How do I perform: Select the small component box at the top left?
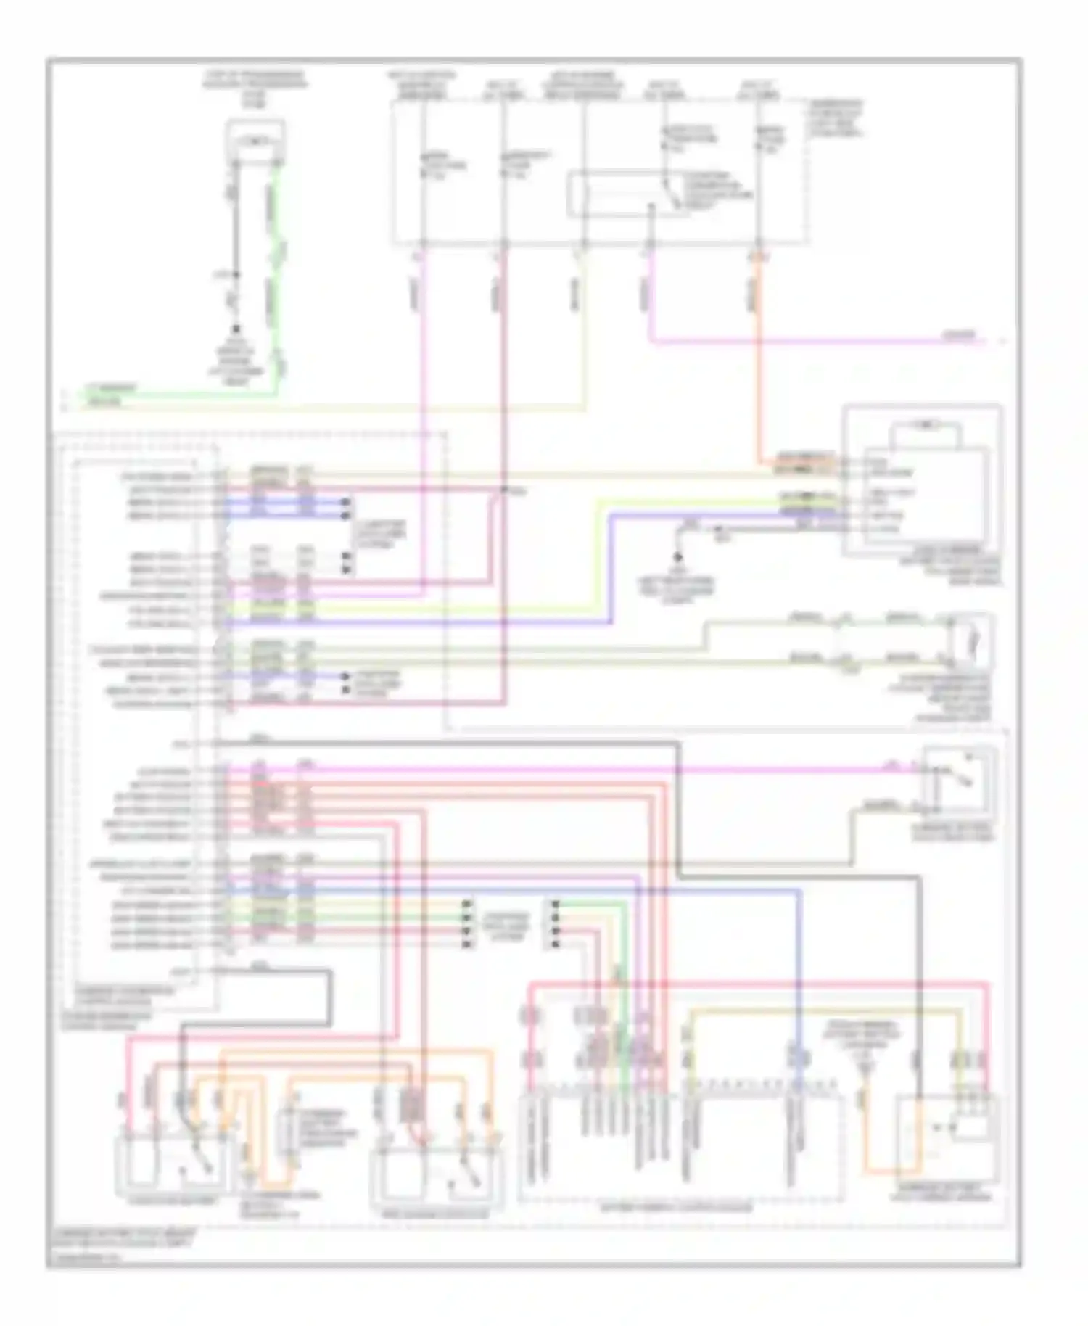pos(255,141)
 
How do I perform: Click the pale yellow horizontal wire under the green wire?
pos(326,410)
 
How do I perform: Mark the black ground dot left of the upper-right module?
pos(678,557)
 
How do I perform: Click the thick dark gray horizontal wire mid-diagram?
pos(450,743)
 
